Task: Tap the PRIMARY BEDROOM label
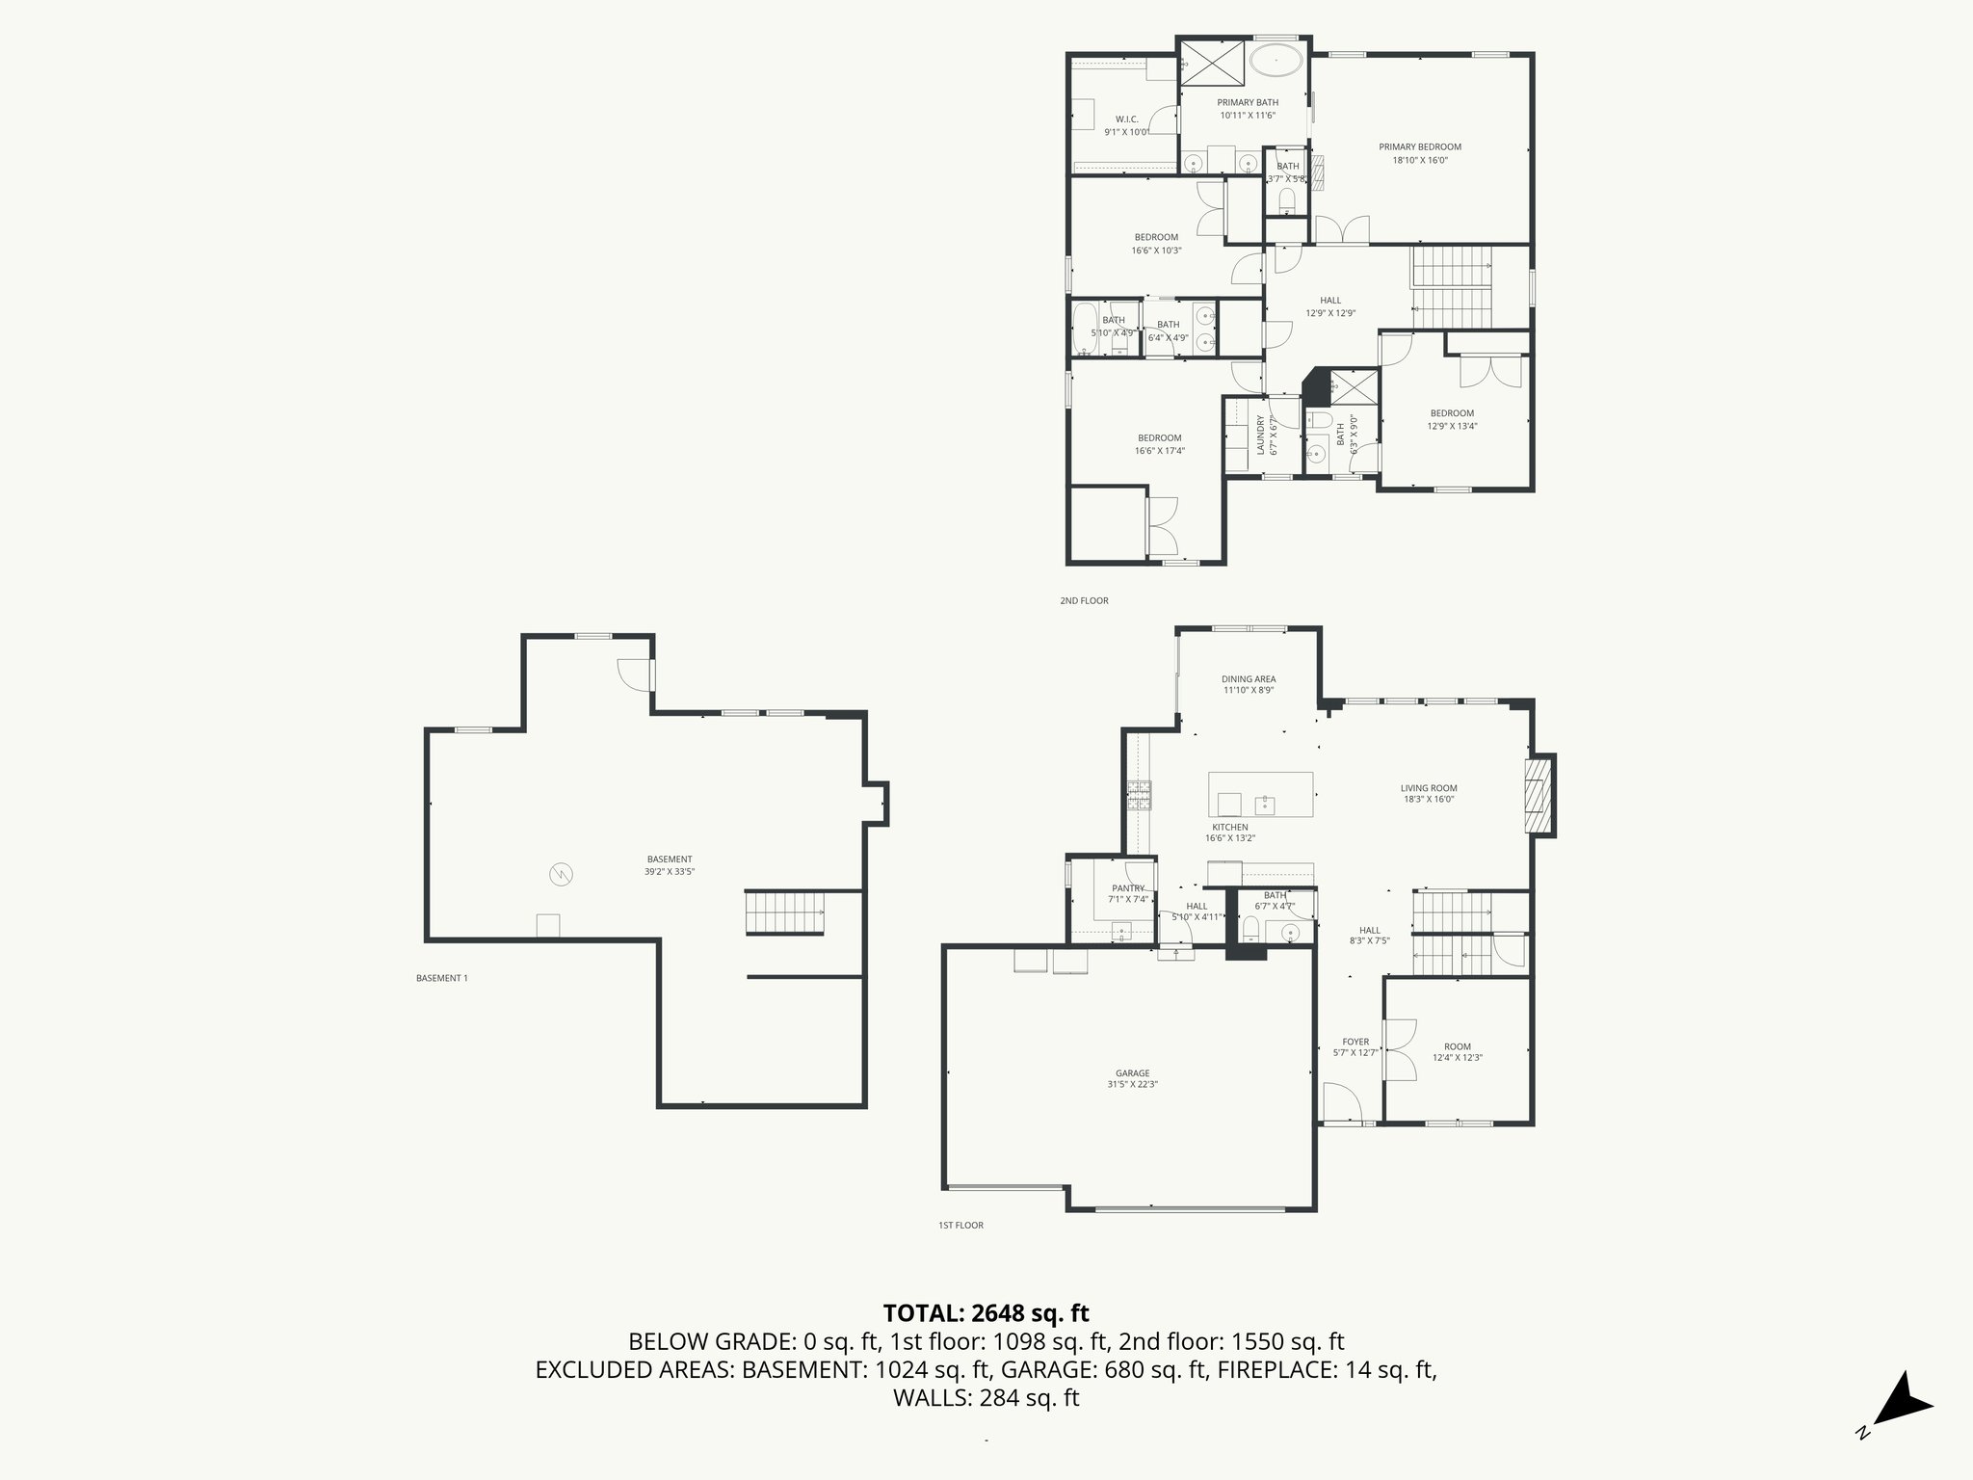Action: pos(1419,147)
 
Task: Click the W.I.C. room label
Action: pos(1126,119)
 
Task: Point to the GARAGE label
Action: pos(1132,1072)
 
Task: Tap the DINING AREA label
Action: pos(1249,679)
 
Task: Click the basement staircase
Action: pos(785,912)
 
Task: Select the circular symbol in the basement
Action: pos(561,874)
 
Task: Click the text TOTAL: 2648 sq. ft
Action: pos(986,1313)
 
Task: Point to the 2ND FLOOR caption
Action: pos(1084,601)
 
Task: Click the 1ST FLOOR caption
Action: pos(960,1226)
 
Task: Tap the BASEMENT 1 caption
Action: pos(441,978)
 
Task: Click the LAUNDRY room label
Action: pos(1259,434)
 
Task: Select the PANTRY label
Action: pos(1127,888)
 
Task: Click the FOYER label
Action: pos(1355,1042)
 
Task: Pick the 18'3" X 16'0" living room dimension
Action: pos(1429,799)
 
